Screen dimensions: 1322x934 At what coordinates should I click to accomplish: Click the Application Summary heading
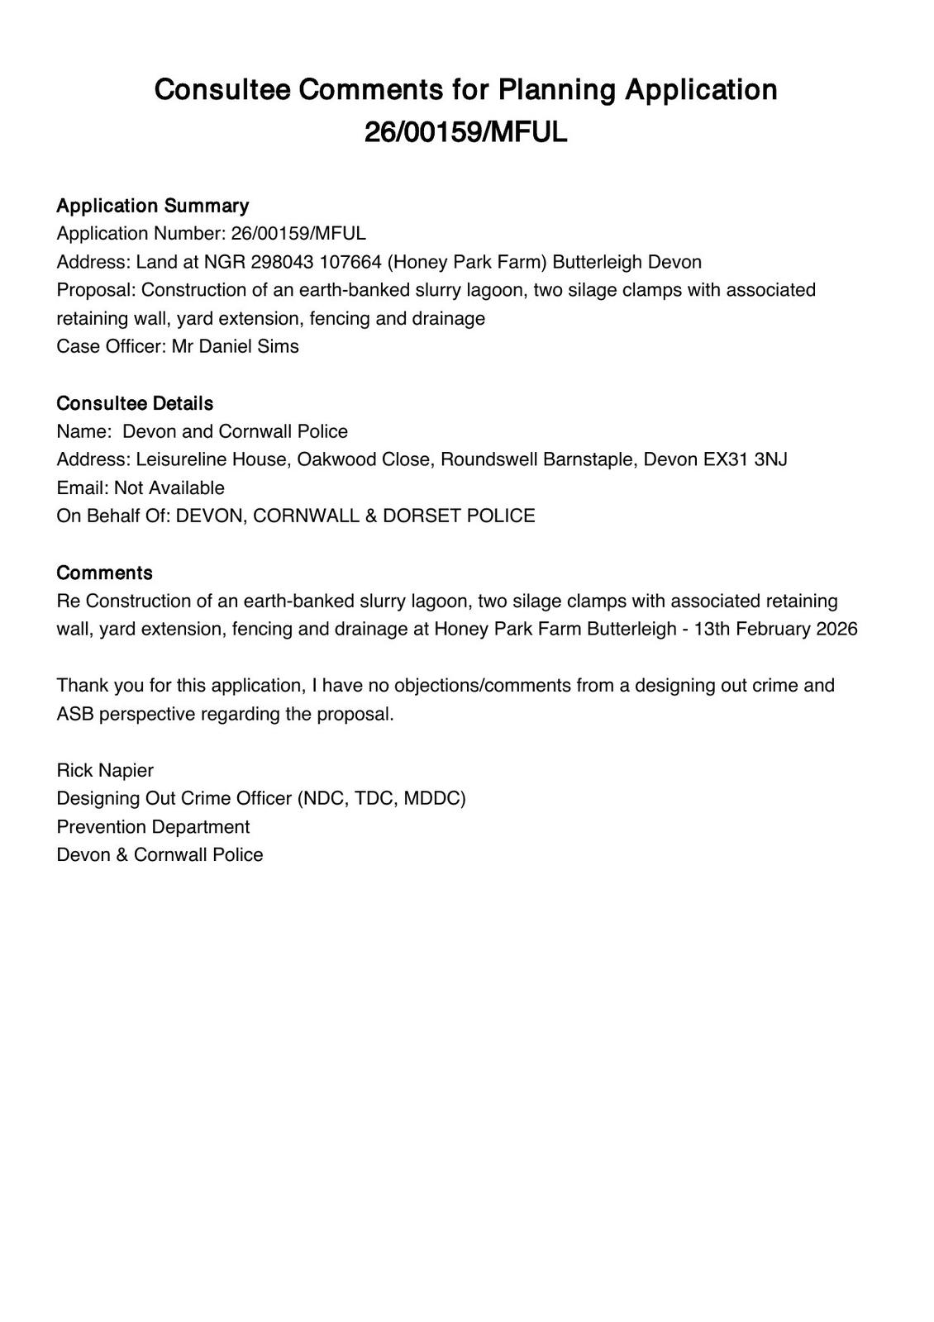click(x=152, y=206)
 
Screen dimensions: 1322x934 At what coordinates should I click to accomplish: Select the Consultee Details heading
click(x=135, y=403)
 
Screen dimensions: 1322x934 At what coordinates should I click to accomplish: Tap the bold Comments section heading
click(x=104, y=573)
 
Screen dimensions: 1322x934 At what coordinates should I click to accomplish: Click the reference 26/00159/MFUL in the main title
click(x=466, y=132)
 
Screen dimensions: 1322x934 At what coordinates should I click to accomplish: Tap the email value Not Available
click(x=169, y=487)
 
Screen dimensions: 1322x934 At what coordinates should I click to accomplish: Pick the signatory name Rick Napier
click(x=105, y=770)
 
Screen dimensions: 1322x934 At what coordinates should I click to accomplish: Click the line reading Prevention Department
click(x=153, y=827)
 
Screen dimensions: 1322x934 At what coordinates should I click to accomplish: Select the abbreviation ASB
click(x=75, y=714)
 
